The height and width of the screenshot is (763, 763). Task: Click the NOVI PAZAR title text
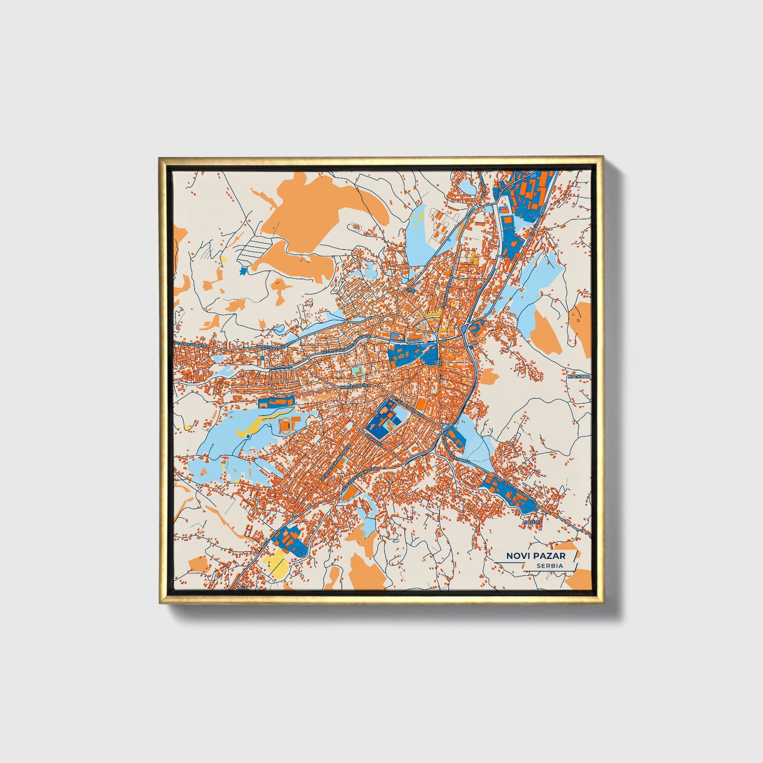535,555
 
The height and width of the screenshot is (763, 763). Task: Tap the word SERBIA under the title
549,566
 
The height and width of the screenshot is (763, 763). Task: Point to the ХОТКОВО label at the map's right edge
579,376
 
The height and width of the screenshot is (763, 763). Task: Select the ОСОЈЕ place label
531,522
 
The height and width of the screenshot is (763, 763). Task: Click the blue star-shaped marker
243,271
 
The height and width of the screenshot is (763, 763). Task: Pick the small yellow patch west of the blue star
224,259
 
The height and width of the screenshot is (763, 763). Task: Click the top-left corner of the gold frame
160,158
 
